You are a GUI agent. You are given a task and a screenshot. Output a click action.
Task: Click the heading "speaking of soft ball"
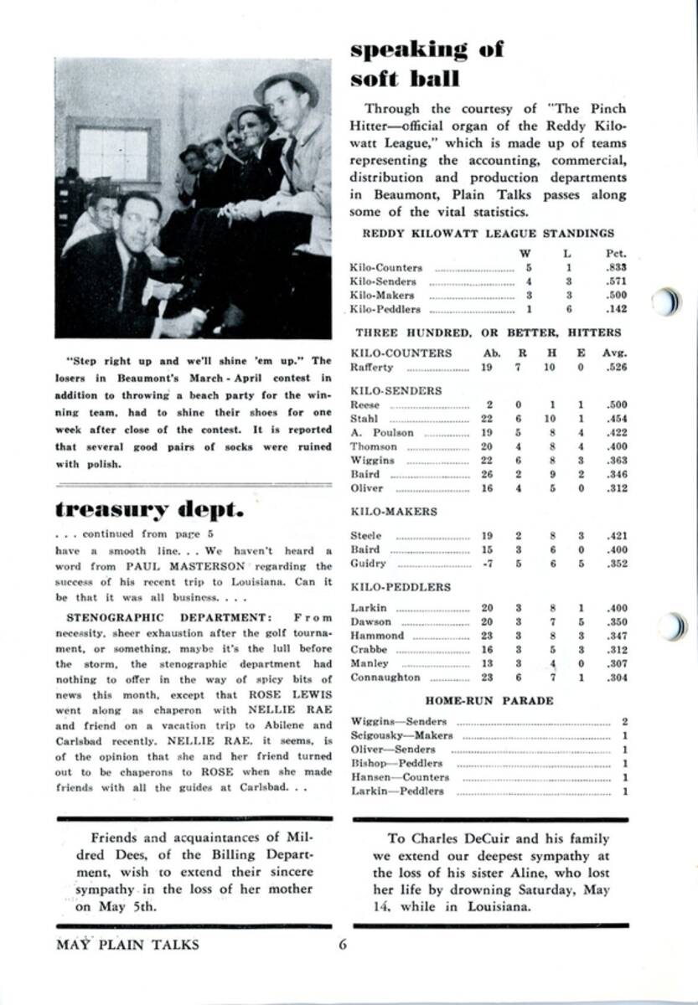click(427, 64)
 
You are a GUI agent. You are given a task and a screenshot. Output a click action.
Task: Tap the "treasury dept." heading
click(149, 509)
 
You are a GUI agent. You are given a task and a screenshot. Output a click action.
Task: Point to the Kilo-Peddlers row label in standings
click(382, 309)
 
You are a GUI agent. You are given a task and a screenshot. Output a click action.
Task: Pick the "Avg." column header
click(614, 353)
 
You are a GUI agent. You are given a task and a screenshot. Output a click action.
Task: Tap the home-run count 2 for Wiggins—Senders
click(625, 721)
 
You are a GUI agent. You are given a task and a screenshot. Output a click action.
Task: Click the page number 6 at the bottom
click(342, 945)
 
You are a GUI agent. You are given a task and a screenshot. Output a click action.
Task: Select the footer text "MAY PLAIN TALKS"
click(127, 945)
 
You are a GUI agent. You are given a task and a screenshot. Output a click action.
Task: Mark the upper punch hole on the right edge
click(668, 301)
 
